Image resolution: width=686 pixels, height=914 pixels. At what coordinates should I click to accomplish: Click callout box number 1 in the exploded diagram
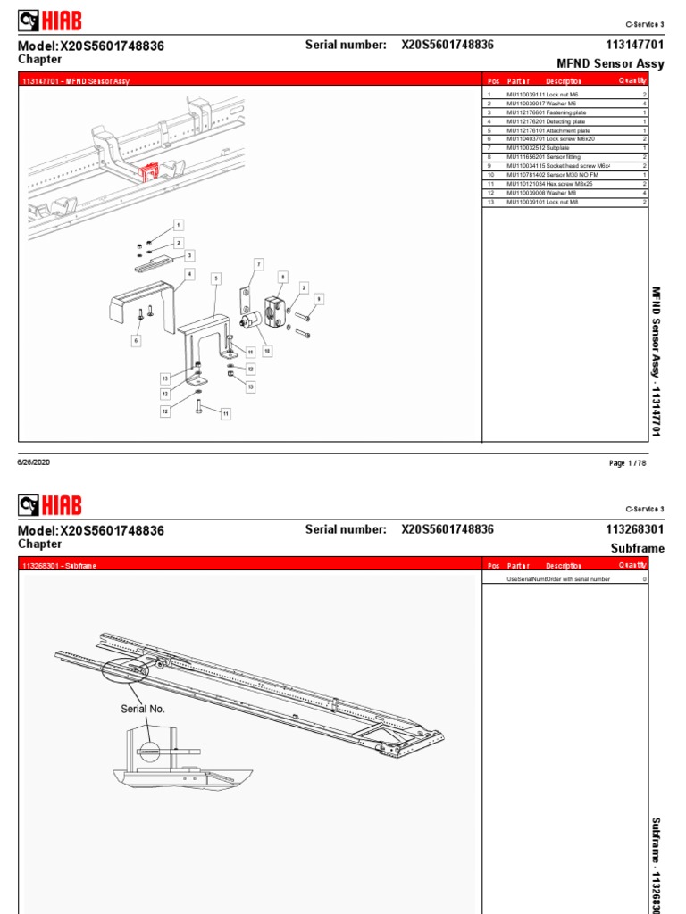point(178,224)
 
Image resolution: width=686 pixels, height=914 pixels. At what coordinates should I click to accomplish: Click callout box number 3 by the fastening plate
point(189,256)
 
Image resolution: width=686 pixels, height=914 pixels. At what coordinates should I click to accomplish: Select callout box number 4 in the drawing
point(188,273)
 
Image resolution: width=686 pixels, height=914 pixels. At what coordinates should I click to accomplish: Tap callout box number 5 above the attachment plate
point(215,278)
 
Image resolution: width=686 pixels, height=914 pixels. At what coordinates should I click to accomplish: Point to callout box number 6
point(137,340)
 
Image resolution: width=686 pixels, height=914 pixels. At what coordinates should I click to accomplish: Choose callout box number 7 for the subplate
point(259,265)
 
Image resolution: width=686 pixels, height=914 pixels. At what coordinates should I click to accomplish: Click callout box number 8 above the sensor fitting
point(282,278)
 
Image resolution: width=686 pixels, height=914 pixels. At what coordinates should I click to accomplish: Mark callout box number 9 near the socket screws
point(319,298)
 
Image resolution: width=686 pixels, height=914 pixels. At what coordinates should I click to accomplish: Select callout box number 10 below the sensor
point(266,352)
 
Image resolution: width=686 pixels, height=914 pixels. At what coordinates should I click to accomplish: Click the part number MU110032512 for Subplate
point(525,146)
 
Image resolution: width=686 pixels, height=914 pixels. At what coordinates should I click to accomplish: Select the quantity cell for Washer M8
point(644,193)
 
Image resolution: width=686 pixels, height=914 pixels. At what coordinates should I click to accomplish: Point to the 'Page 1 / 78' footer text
point(628,463)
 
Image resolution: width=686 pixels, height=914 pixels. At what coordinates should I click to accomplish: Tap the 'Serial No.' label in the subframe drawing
point(143,709)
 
